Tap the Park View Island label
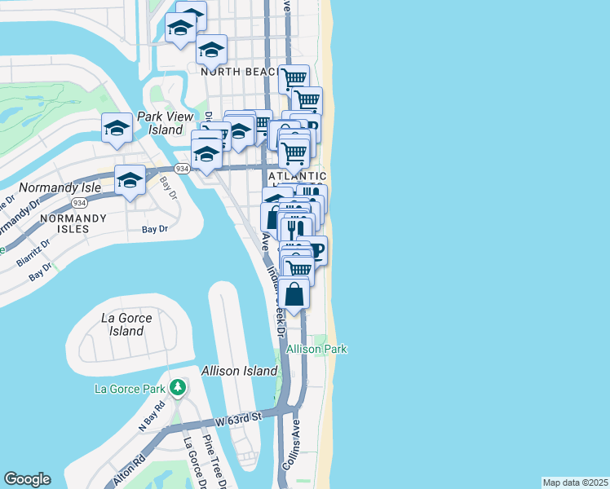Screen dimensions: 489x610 (160, 123)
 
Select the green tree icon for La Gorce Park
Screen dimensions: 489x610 (177, 386)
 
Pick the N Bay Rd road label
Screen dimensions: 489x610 (152, 415)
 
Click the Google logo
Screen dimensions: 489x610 (27, 479)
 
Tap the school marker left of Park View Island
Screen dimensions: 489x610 (117, 128)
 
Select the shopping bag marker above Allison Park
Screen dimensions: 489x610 (295, 293)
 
